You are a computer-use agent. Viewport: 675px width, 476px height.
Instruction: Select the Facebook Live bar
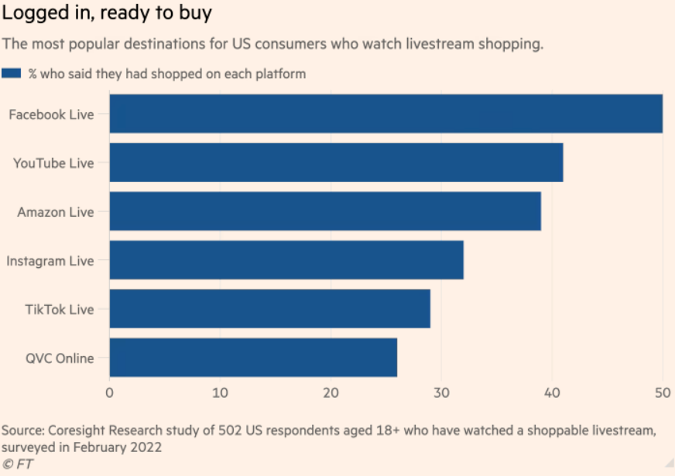click(385, 114)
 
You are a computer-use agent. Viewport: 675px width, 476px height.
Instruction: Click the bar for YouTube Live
click(336, 163)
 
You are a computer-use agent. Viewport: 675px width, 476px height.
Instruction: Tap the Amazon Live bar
click(325, 211)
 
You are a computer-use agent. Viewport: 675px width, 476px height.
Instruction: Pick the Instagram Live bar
click(286, 260)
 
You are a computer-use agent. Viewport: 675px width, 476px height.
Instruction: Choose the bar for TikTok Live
click(269, 309)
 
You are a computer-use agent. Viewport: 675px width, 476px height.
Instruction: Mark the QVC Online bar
click(253, 358)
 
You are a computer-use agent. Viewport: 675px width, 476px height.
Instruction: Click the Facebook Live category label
click(51, 115)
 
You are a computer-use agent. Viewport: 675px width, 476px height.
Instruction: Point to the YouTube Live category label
click(53, 163)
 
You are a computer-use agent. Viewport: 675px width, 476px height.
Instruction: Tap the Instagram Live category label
click(50, 261)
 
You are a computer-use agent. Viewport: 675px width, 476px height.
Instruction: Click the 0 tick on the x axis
click(110, 392)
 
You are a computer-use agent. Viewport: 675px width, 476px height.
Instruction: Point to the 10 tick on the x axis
click(220, 392)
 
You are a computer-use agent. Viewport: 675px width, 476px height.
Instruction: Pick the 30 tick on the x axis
click(441, 392)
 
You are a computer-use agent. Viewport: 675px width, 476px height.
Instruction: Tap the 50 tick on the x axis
click(662, 392)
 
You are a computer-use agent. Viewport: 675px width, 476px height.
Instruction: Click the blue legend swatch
click(12, 74)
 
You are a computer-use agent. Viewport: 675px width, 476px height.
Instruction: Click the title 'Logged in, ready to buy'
click(107, 13)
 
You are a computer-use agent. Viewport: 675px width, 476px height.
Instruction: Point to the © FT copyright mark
click(17, 464)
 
